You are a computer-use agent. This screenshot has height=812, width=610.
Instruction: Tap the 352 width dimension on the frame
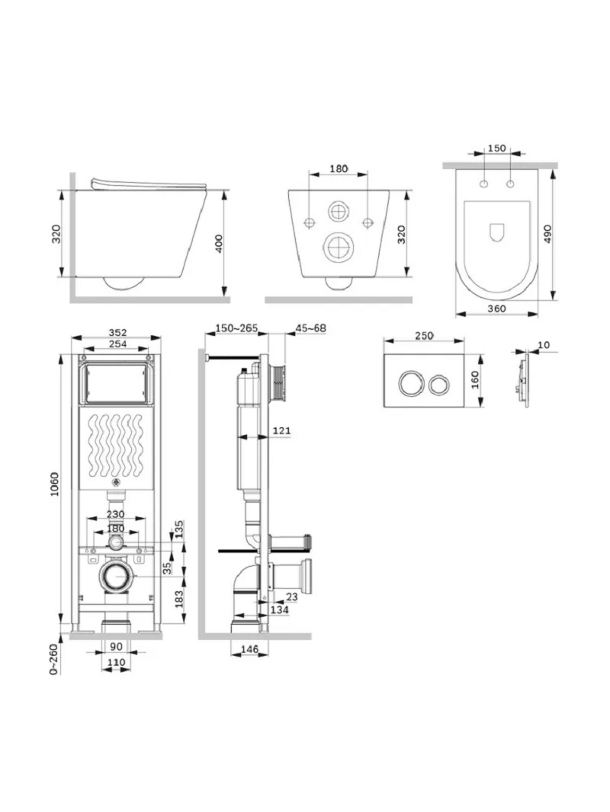[x=117, y=332]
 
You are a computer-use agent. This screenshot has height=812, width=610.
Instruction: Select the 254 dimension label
[x=117, y=344]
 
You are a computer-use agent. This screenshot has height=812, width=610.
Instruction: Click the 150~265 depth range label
[x=236, y=328]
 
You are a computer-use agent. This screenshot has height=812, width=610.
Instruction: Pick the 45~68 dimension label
[x=310, y=328]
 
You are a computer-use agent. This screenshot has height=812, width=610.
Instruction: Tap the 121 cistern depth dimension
[x=281, y=431]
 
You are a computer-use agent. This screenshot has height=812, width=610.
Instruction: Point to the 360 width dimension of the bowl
[x=496, y=309]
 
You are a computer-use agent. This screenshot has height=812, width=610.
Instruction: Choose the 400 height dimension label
[x=219, y=244]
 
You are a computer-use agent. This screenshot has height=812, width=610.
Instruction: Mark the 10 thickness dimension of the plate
[x=543, y=345]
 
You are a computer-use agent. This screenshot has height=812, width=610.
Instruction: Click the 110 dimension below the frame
[x=115, y=663]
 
